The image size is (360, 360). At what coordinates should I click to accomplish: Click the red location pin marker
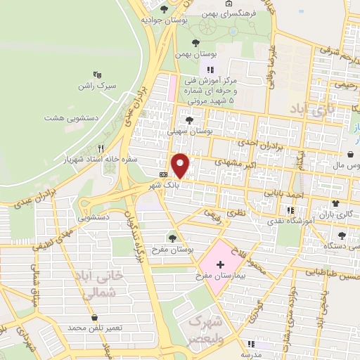point(181,165)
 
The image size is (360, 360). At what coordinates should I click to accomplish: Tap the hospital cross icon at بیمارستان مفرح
point(220,262)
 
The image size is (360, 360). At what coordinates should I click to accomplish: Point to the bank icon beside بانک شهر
point(164,174)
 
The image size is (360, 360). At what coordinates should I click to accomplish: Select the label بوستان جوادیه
point(157,20)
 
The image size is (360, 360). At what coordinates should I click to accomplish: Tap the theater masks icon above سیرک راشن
point(98,73)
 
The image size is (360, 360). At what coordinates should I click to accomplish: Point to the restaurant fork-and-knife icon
point(101,149)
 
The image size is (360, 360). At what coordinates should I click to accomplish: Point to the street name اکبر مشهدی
point(232,161)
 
